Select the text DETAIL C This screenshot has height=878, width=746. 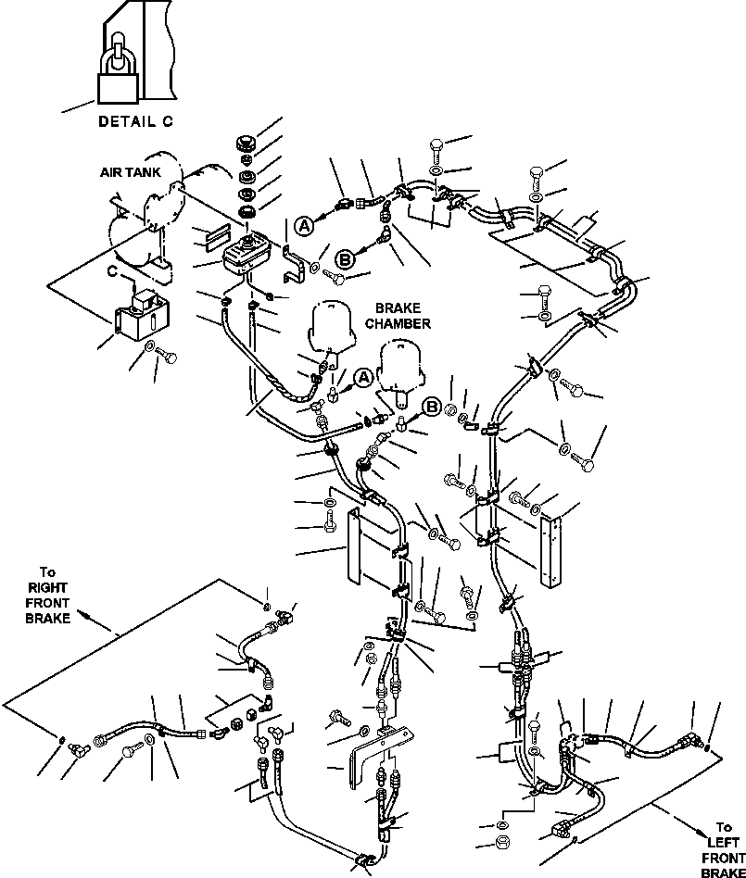pyautogui.click(x=134, y=121)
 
